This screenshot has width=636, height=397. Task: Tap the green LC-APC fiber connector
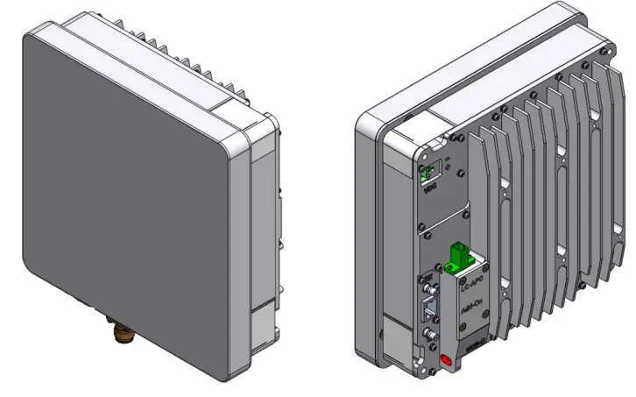458,257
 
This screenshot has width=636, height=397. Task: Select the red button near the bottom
448,360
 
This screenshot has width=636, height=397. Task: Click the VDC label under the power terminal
430,187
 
